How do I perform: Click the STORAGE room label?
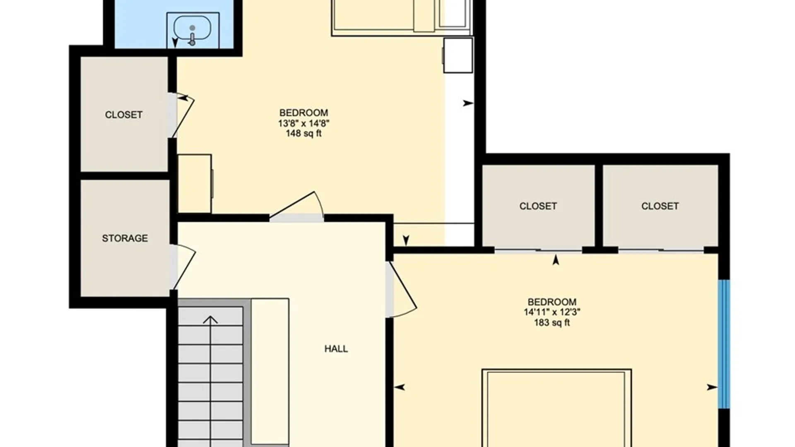coord(125,238)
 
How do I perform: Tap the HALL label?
coord(336,349)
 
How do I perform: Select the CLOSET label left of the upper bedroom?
coord(123,115)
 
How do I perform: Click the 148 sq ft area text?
coord(304,133)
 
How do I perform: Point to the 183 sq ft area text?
coord(552,322)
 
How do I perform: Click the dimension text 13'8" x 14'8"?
coord(304,123)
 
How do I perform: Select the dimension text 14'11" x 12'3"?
coord(552,312)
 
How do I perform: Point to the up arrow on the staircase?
coord(210,381)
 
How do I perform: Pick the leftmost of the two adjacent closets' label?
coord(538,206)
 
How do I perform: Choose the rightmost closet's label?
coord(660,206)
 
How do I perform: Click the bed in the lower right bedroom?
coord(556,408)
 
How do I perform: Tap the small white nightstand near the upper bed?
coord(458,55)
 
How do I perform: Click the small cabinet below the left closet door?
coord(195,184)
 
